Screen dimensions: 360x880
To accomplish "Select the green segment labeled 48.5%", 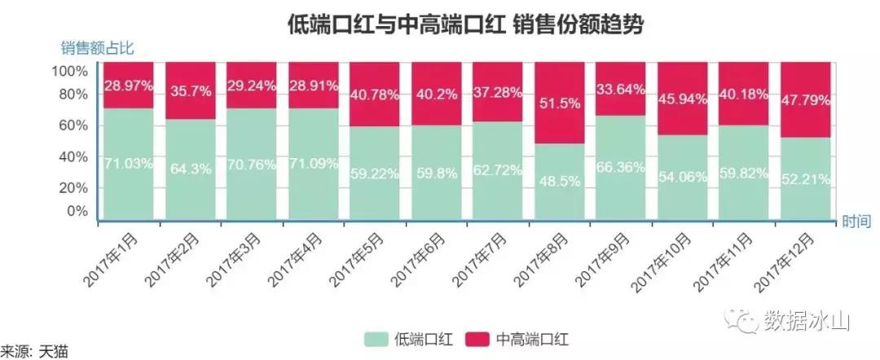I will (x=559, y=181).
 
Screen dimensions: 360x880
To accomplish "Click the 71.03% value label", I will (x=129, y=163).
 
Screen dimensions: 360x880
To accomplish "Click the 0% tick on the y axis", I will (x=76, y=211).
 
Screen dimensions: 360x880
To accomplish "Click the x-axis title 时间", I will (x=856, y=221).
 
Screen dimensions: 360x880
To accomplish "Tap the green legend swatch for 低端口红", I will (x=376, y=338).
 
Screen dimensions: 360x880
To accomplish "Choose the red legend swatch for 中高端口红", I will (x=478, y=338).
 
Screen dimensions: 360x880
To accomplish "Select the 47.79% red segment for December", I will (x=805, y=100).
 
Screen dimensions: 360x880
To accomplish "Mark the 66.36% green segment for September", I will (x=621, y=167).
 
